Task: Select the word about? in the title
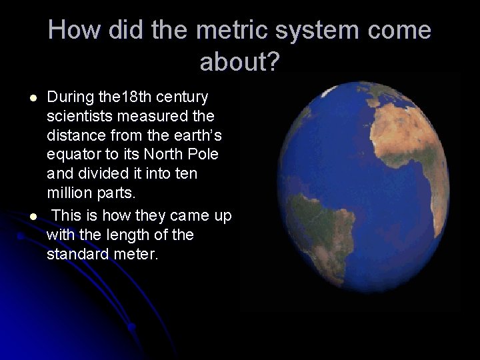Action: pos(240,62)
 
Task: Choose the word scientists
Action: pos(79,117)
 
